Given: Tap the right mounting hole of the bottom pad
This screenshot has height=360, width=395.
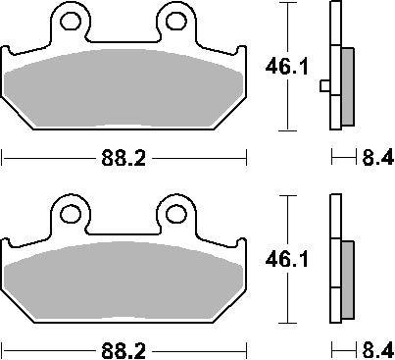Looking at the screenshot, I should pyautogui.click(x=175, y=210).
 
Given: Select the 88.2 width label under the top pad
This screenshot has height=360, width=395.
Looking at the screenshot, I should pyautogui.click(x=123, y=156).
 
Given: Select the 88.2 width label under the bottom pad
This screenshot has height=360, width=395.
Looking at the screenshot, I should pyautogui.click(x=123, y=347).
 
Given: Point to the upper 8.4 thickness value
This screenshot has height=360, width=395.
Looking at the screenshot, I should pyautogui.click(x=376, y=156).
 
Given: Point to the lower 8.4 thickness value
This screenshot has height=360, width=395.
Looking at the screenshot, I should pyautogui.click(x=376, y=347).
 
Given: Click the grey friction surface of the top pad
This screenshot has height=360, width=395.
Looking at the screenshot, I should pyautogui.click(x=123, y=88).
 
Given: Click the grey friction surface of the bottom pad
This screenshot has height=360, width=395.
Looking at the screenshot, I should pyautogui.click(x=123, y=280).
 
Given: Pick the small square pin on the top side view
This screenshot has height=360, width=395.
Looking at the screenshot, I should pyautogui.click(x=324, y=86).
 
